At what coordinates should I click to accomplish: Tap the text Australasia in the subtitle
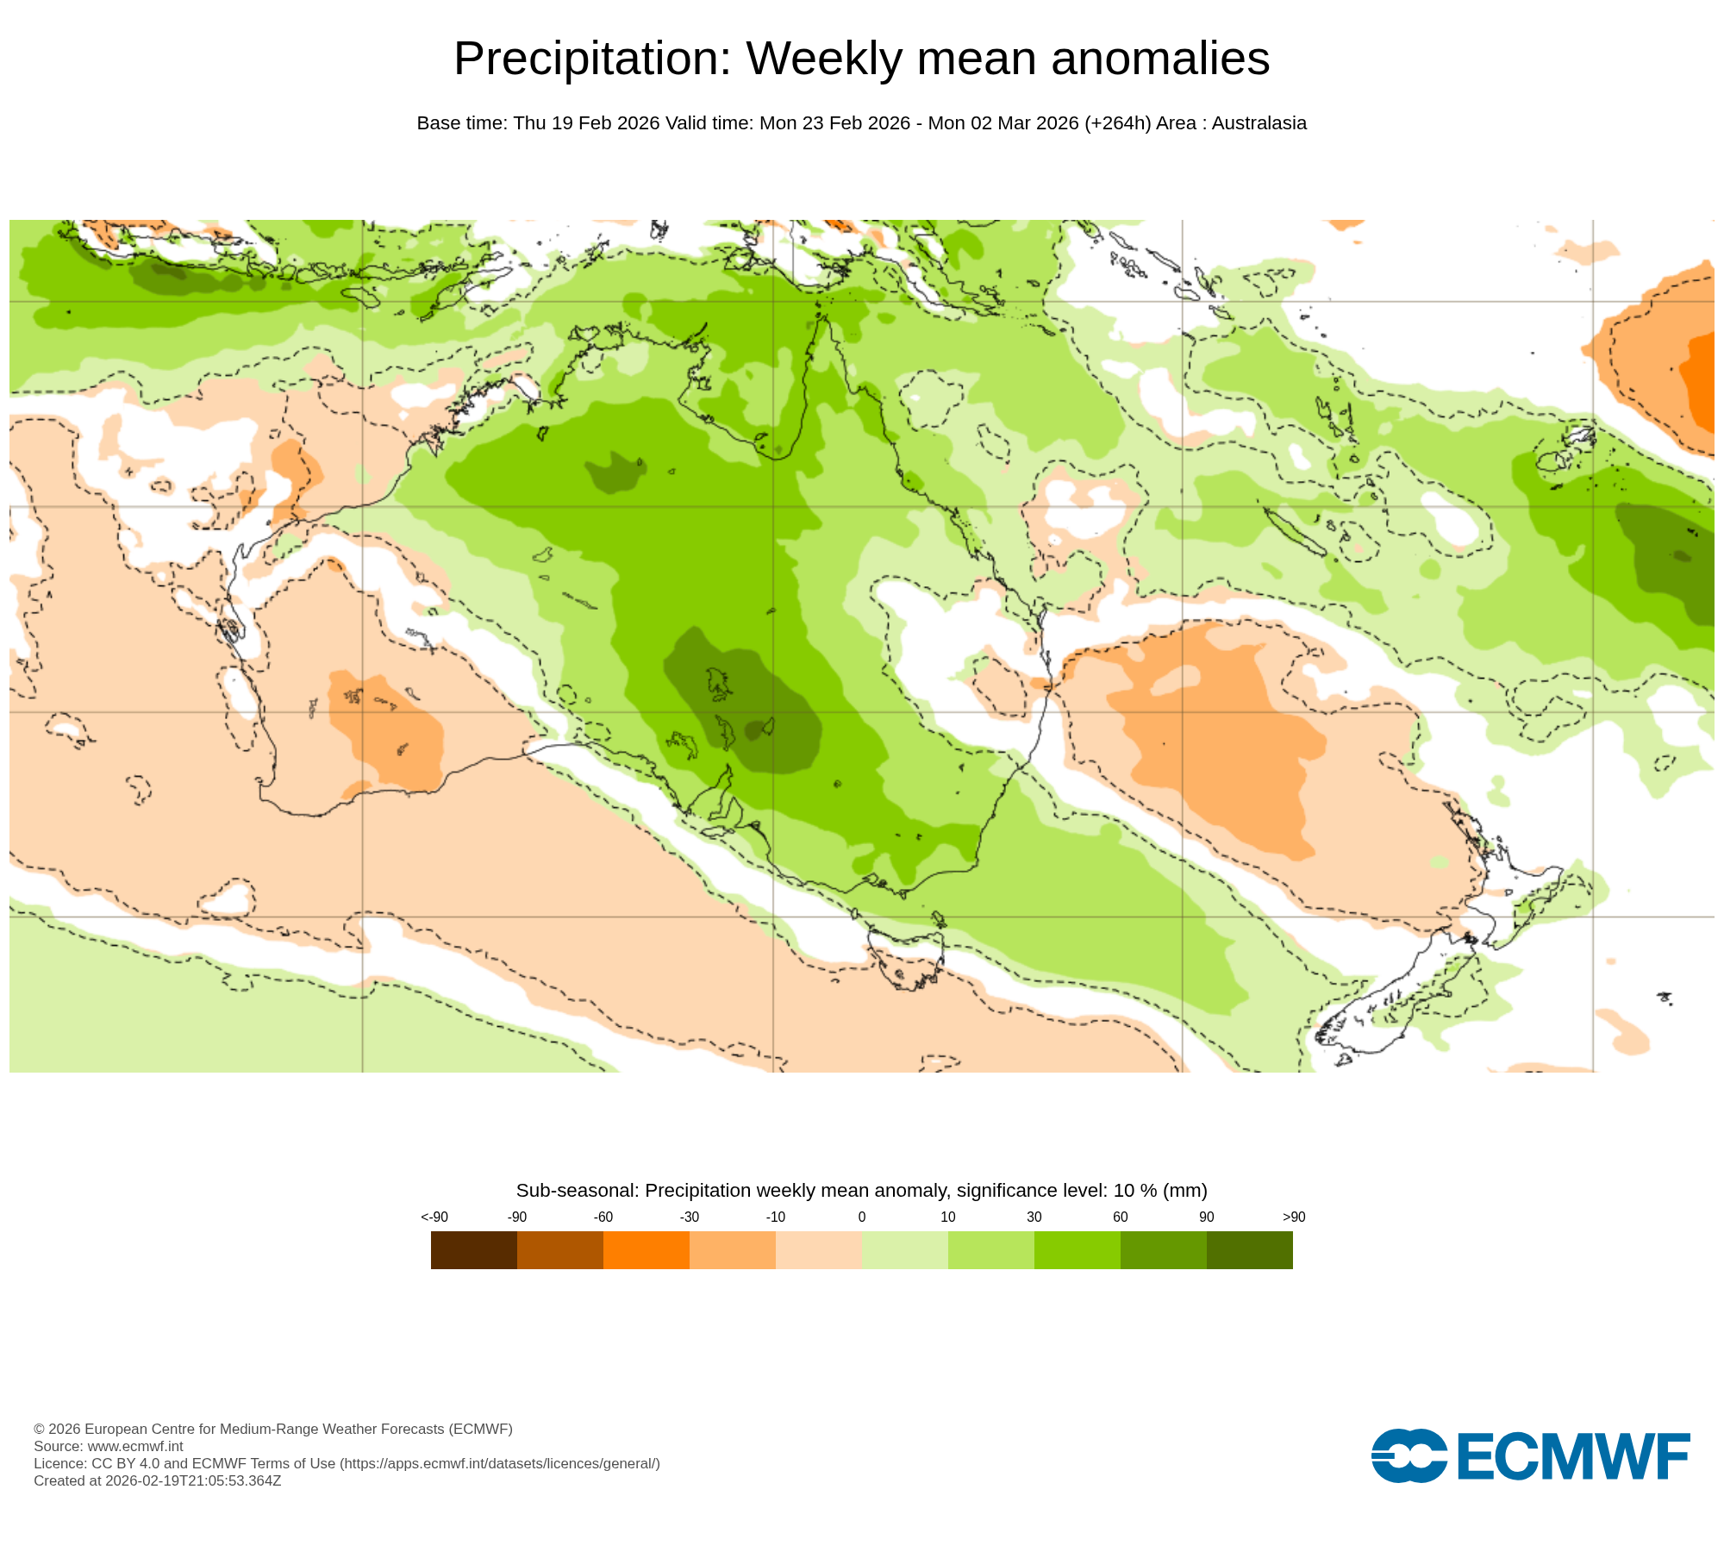(x=1259, y=123)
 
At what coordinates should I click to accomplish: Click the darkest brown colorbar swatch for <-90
(x=473, y=1249)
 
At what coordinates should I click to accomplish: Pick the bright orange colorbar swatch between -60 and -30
(x=646, y=1249)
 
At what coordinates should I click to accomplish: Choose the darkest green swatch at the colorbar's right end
(x=1249, y=1249)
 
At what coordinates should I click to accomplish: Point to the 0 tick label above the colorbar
(x=861, y=1217)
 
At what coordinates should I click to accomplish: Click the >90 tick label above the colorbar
(x=1293, y=1217)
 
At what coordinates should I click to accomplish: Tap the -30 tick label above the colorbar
(x=689, y=1217)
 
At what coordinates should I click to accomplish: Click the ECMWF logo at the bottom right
(x=1530, y=1456)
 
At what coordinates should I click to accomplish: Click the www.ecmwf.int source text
(x=134, y=1446)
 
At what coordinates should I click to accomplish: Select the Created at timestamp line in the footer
(x=157, y=1480)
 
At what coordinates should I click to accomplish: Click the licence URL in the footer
(x=500, y=1463)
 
